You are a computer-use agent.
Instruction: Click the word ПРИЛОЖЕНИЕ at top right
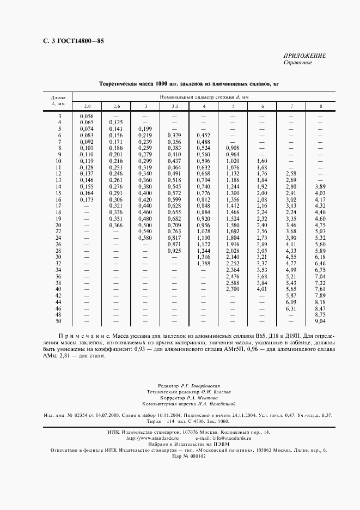coord(305,56)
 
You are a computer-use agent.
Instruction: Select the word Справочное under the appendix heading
coord(297,63)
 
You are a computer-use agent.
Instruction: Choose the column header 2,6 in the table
coord(116,106)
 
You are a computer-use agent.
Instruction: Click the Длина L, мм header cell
coord(58,99)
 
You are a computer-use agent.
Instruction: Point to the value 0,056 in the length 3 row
coord(87,117)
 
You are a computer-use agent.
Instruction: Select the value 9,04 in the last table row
coord(320,322)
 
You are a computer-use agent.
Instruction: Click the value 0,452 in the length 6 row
coord(203,135)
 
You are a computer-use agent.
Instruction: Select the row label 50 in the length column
coord(58,322)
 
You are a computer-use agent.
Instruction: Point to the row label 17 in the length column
coord(58,205)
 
